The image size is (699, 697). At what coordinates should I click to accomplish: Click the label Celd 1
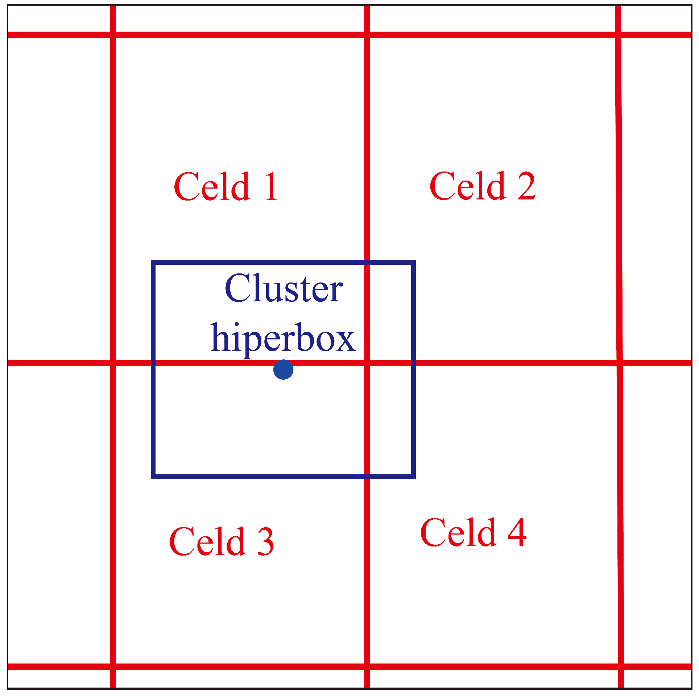click(x=226, y=187)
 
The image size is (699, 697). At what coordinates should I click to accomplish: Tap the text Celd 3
click(x=221, y=542)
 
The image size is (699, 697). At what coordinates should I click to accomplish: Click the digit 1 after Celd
click(x=271, y=187)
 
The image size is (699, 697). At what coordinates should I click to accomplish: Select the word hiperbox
click(x=283, y=338)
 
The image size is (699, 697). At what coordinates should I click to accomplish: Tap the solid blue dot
click(x=283, y=370)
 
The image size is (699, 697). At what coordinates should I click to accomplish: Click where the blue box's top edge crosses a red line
click(x=367, y=263)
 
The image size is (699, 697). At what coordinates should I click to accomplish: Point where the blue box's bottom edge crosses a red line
click(x=367, y=476)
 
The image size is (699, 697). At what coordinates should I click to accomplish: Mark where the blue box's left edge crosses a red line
click(x=153, y=363)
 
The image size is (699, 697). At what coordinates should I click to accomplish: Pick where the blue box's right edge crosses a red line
click(x=413, y=363)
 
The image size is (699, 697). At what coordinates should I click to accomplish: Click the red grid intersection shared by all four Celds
click(x=367, y=363)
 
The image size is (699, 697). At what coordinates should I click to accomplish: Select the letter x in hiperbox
click(x=346, y=339)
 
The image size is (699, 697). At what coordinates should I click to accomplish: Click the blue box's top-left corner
click(x=153, y=263)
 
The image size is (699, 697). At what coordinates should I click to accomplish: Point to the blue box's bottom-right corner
click(x=413, y=476)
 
